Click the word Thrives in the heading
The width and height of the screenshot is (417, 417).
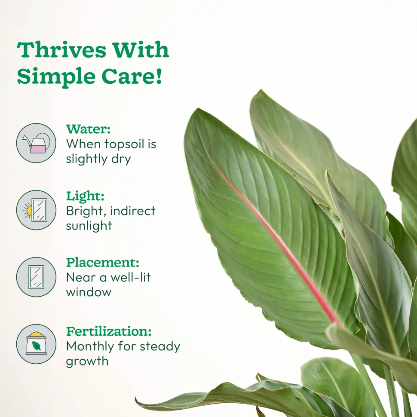61,49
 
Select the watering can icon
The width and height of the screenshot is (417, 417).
36,143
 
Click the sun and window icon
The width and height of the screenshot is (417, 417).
36,210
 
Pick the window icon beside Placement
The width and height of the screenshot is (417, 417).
36,277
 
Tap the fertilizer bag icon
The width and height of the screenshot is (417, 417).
36,344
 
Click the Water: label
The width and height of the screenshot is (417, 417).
88,129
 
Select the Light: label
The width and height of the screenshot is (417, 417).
85,196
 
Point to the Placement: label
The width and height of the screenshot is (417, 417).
103,263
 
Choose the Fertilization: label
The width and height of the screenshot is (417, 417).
109,331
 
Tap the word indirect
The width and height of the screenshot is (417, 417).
132,211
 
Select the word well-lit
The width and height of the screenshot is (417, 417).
131,277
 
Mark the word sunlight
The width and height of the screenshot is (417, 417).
89,226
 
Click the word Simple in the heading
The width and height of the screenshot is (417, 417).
56,77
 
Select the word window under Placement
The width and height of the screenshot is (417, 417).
89,292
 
